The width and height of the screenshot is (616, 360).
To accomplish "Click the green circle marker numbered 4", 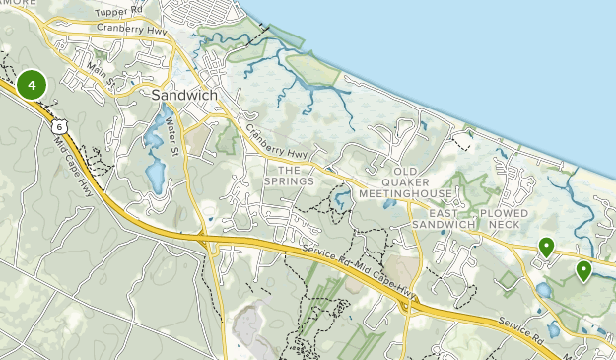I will pos(32,85).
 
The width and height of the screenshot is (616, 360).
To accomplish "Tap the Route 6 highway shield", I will pos(61,126).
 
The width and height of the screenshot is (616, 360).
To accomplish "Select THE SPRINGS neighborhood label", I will pos(289,175).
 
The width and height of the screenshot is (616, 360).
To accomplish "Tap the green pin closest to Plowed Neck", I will pos(545,247).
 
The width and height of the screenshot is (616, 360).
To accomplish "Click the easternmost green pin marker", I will pos(583,269).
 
